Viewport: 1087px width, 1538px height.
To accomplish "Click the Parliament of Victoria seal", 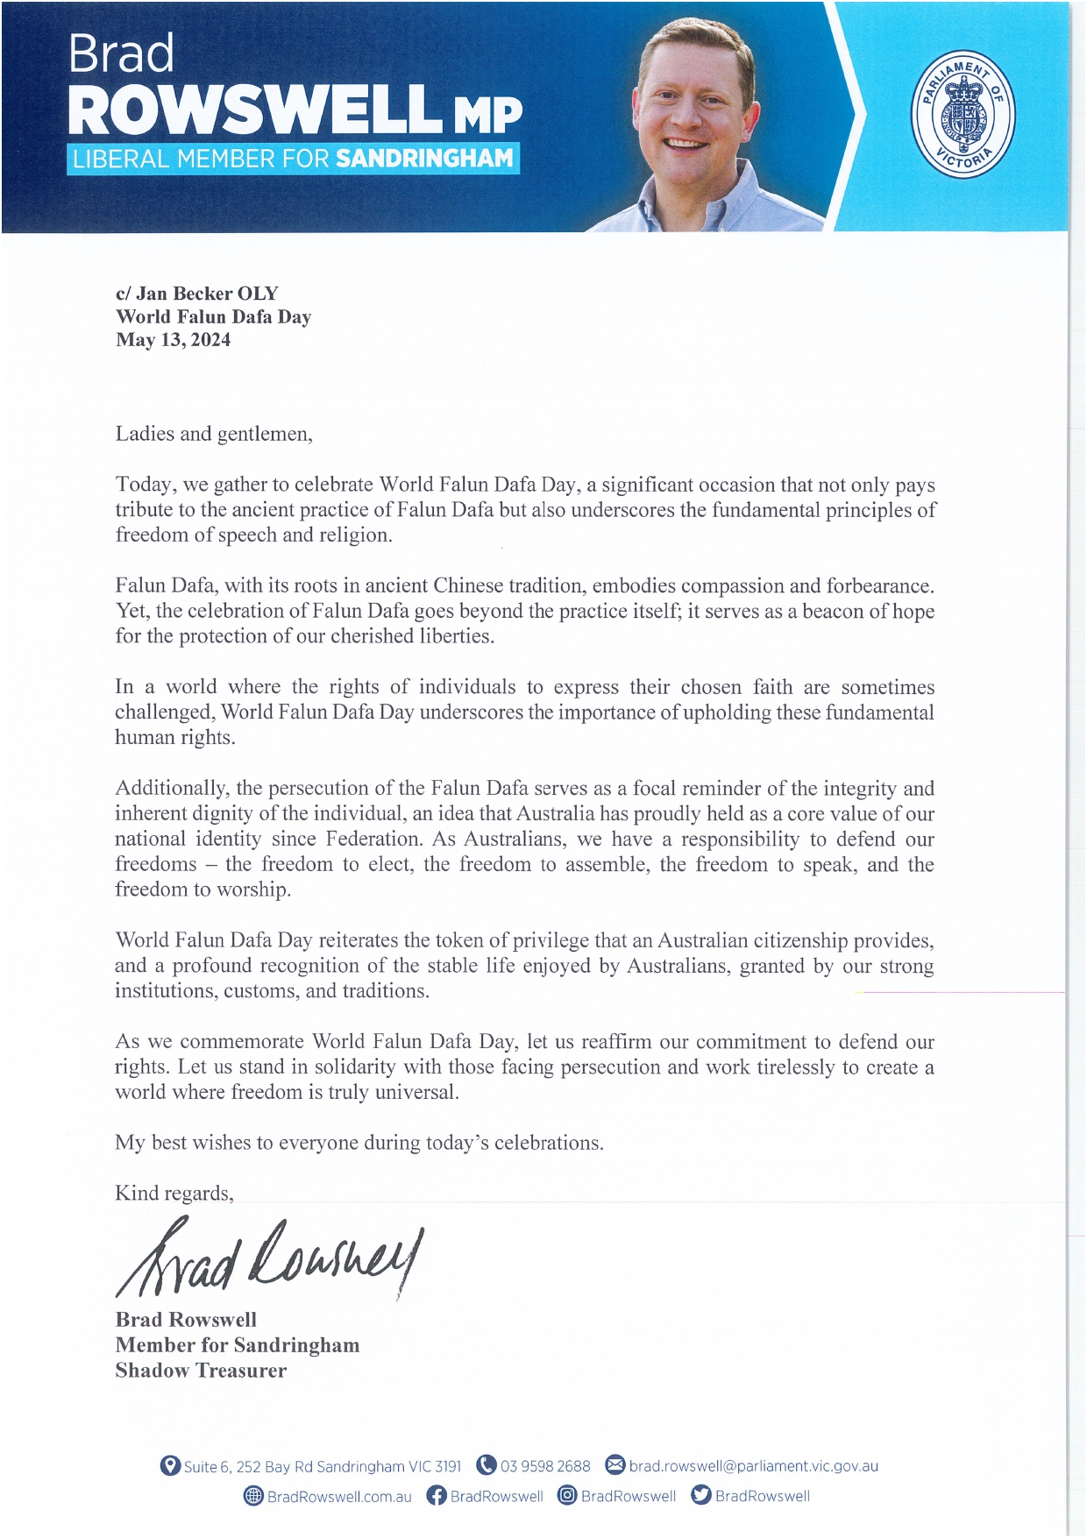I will click(963, 114).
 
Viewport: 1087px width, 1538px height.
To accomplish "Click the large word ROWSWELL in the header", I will click(254, 110).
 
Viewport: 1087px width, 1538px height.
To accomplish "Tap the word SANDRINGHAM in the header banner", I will click(424, 159).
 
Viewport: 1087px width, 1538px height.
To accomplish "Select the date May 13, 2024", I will click(174, 340).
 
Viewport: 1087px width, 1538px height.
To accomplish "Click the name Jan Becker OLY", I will click(207, 294).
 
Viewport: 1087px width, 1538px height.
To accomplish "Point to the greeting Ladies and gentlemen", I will click(214, 434).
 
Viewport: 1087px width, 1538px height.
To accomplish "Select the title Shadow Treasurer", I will click(201, 1371).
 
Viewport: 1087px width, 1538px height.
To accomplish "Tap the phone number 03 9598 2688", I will click(545, 1466).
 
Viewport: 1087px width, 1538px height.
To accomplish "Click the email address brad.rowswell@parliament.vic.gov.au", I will click(753, 1466).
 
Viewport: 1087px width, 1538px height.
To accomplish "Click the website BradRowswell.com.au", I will click(339, 1497).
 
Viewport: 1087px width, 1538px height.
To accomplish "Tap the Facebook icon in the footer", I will click(436, 1496).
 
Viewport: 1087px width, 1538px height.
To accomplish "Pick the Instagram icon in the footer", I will click(567, 1496).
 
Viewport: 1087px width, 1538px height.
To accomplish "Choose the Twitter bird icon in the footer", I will click(700, 1495).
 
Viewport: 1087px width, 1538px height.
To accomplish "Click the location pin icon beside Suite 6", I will click(170, 1465).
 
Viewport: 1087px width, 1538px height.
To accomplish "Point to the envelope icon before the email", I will click(615, 1465).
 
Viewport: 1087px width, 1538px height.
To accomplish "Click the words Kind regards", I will click(174, 1194).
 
